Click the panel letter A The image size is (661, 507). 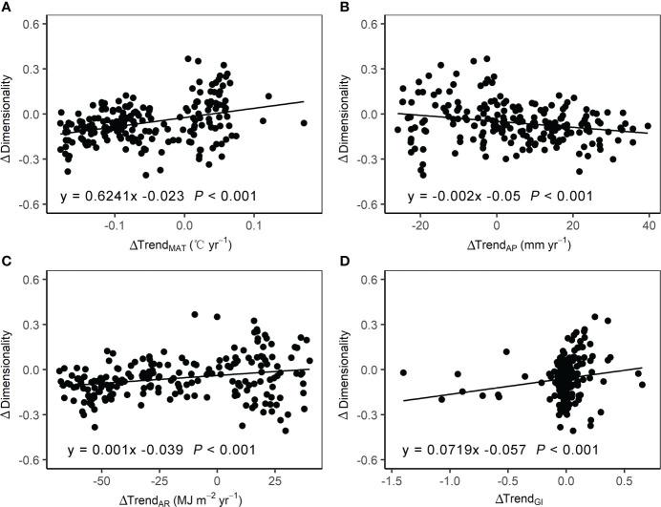pos(7,7)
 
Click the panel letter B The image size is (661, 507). pos(341,7)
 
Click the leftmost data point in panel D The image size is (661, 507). pos(403,372)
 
